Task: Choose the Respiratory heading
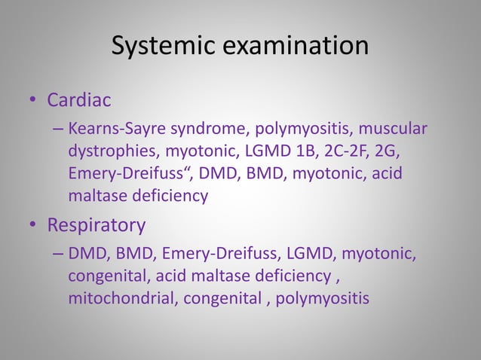pyautogui.click(x=96, y=225)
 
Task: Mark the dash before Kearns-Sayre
pyautogui.click(x=58, y=130)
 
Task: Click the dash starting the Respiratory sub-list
pyautogui.click(x=58, y=255)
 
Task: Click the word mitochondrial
pyautogui.click(x=118, y=299)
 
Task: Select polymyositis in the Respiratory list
pyautogui.click(x=322, y=299)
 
